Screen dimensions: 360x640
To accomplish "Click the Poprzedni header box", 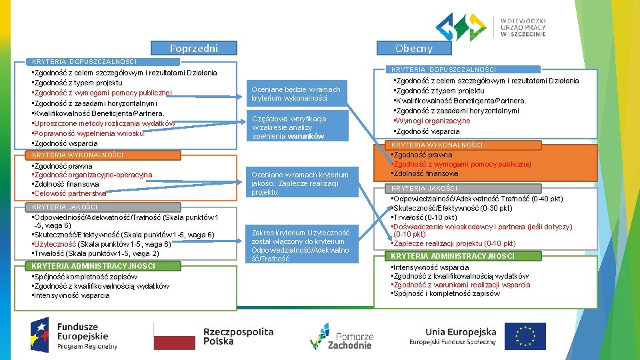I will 193,48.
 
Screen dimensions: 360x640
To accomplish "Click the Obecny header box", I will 413,48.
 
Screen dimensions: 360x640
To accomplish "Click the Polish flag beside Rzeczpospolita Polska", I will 175,335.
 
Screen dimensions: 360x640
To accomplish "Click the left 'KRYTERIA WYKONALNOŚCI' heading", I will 78,155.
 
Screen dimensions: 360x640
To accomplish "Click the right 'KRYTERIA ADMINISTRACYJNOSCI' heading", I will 453,256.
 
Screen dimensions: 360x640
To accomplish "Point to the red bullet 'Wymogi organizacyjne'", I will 434,121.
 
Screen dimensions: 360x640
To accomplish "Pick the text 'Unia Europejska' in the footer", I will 461,331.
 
